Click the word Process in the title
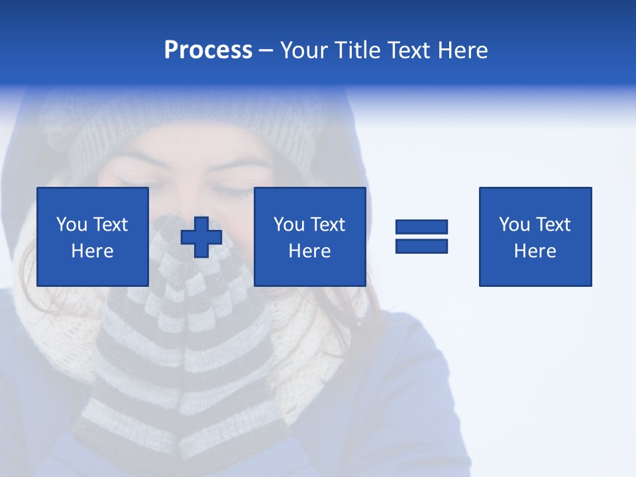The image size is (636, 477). point(208,50)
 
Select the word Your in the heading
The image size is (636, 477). point(304,50)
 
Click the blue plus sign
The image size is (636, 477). point(201,237)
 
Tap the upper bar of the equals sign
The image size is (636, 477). point(421,227)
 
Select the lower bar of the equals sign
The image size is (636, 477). point(421,246)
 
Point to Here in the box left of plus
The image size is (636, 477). point(92,251)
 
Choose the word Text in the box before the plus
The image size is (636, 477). point(110,225)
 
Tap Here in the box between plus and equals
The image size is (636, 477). point(309,251)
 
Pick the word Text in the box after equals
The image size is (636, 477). point(553,225)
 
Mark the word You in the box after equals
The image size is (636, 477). point(515,225)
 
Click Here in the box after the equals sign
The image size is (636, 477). point(535,251)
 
